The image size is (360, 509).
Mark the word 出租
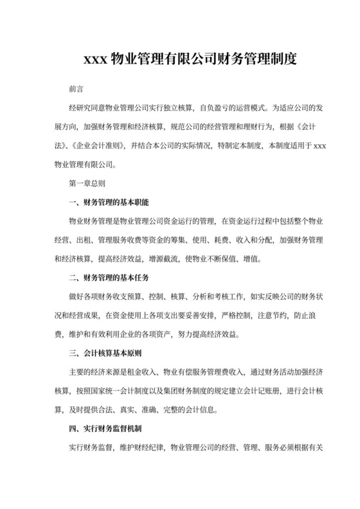[x=85, y=240]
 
